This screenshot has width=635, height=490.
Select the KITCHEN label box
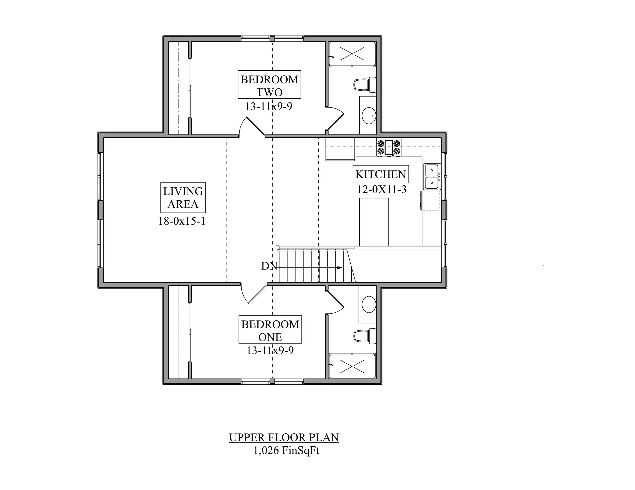(x=381, y=174)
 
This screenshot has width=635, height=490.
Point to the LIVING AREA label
(x=183, y=197)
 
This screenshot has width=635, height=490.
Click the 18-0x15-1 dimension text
(x=182, y=221)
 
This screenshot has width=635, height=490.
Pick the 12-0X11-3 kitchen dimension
(x=382, y=190)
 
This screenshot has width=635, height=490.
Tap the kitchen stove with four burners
(x=389, y=147)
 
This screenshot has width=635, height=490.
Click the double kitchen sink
(x=432, y=176)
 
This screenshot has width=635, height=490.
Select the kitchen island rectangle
(x=374, y=222)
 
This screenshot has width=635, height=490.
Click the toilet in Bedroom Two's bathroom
(x=365, y=85)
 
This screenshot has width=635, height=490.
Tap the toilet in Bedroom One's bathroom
(x=365, y=336)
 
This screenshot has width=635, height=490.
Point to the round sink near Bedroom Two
(x=369, y=116)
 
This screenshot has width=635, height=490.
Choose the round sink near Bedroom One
(x=369, y=304)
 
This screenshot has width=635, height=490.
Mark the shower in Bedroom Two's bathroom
(x=352, y=54)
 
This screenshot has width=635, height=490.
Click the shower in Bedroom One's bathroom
(x=352, y=366)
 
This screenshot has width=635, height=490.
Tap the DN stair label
(x=269, y=266)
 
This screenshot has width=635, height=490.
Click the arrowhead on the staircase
(x=340, y=268)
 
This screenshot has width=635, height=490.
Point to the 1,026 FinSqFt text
(x=286, y=451)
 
